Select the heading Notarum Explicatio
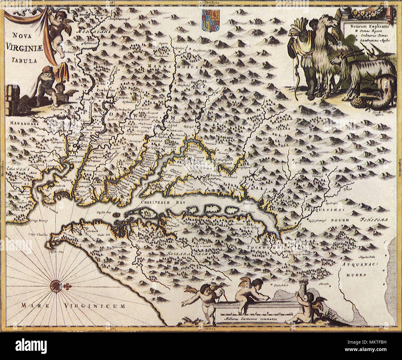367,26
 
